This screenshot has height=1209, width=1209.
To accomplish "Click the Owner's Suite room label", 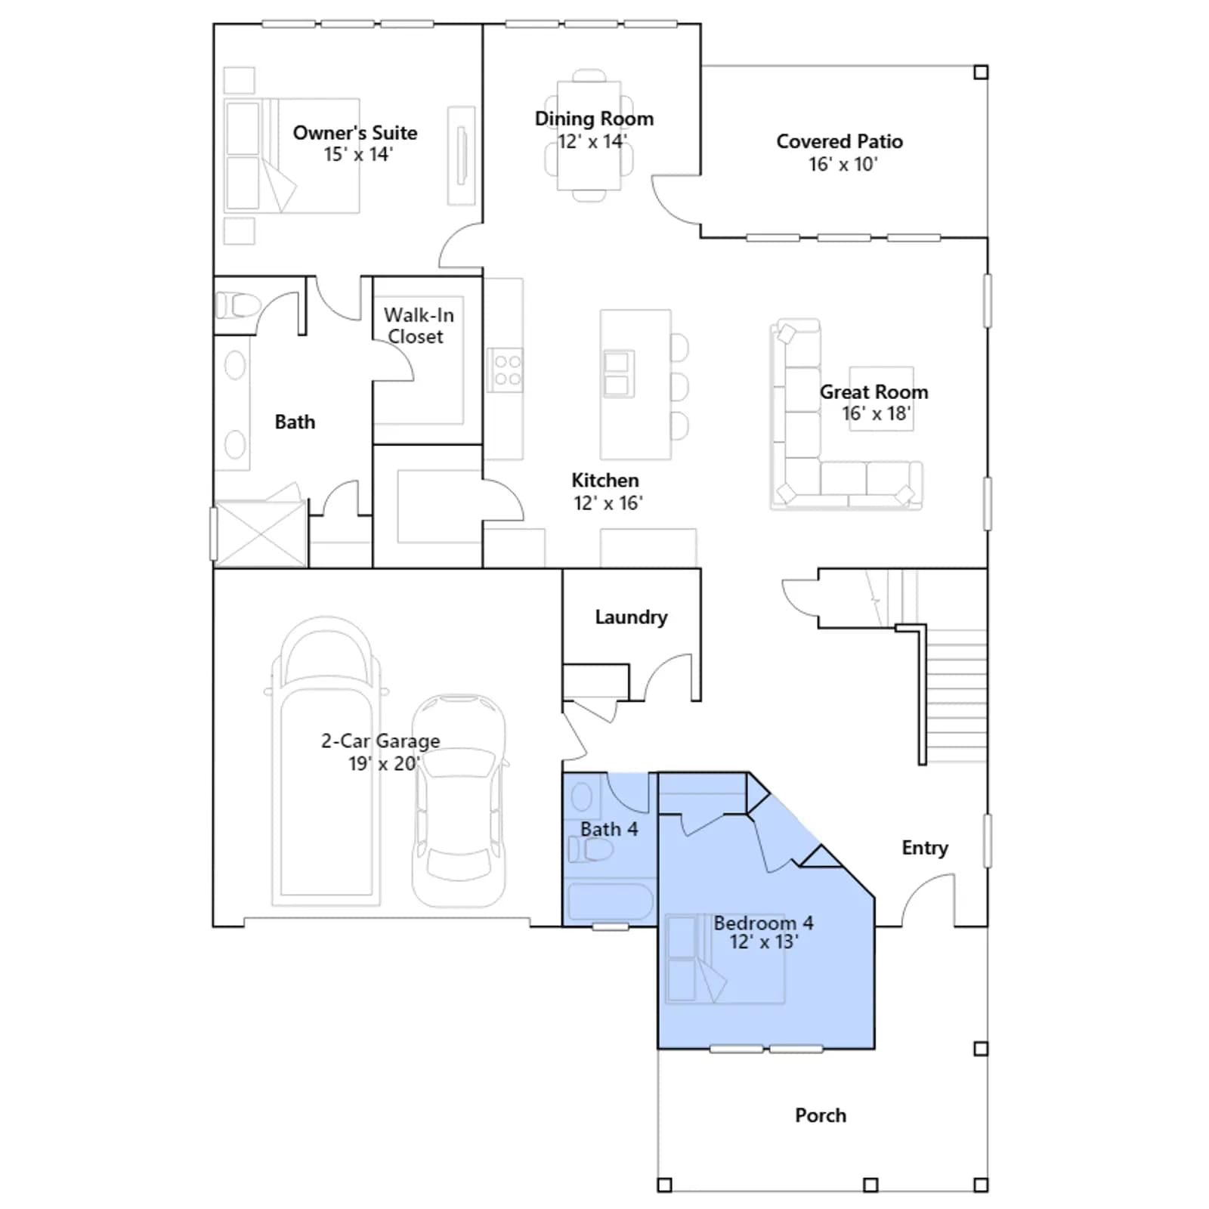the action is (x=355, y=133).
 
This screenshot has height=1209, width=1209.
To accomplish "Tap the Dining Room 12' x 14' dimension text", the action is (x=592, y=141).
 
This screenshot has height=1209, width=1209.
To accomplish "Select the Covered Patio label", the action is (x=839, y=141).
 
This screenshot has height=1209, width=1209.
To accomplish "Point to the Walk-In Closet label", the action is (x=418, y=326).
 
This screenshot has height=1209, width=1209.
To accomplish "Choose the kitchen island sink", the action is (x=618, y=373).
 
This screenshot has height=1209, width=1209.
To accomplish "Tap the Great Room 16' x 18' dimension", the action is (x=877, y=413).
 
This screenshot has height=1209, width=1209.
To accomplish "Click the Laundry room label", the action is (x=631, y=617).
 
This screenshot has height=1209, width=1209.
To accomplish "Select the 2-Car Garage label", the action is (x=380, y=741).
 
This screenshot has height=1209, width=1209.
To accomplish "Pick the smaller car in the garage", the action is (x=459, y=800).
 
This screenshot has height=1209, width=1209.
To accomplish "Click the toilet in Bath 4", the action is (x=590, y=850).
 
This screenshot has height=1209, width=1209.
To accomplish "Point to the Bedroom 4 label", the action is (x=763, y=923).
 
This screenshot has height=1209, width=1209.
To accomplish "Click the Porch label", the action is (x=821, y=1115).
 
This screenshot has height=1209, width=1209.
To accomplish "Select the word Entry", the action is (x=925, y=848).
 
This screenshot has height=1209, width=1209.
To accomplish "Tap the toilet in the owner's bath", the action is (x=237, y=306).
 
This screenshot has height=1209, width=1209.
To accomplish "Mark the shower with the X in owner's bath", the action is (x=261, y=533).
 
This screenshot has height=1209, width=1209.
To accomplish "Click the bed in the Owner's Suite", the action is (x=292, y=155).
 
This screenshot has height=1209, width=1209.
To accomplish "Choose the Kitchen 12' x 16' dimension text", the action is (x=608, y=503).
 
